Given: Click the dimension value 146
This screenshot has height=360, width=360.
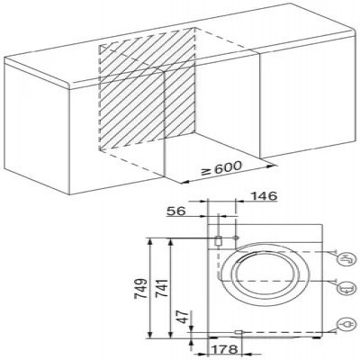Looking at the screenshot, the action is [x=264, y=196].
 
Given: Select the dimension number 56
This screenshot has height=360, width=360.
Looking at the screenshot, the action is [x=176, y=211].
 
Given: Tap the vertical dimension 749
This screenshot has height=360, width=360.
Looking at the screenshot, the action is [x=141, y=288].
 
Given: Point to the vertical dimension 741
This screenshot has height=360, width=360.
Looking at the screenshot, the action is [x=162, y=288].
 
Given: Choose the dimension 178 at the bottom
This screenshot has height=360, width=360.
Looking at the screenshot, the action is [x=225, y=349].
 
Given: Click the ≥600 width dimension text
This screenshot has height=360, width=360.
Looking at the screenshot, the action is [x=221, y=168].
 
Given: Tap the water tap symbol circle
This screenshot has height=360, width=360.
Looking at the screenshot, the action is [x=348, y=259].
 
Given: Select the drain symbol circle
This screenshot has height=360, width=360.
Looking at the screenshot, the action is [x=347, y=289].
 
